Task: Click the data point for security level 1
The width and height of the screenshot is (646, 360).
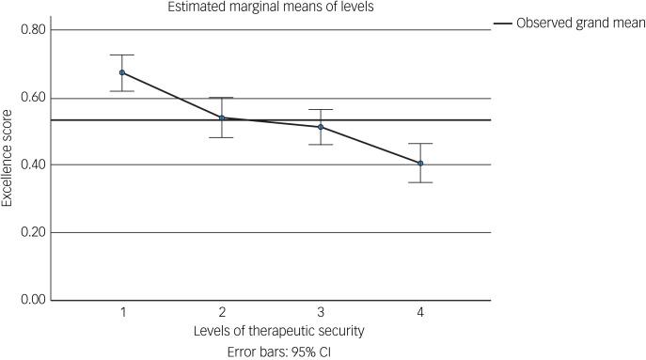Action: coord(122,72)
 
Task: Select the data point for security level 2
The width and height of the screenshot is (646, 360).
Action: coord(222,117)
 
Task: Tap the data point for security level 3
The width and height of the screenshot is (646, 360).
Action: coord(321,127)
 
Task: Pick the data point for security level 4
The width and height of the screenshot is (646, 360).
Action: coord(420,163)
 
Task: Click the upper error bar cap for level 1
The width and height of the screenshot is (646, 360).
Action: coord(122,55)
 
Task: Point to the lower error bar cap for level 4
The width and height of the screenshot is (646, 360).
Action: coord(420,182)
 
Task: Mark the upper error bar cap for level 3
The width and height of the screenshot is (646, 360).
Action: coord(321,110)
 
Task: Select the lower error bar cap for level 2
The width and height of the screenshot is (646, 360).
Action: coord(222,138)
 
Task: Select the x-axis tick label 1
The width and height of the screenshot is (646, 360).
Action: coord(122,311)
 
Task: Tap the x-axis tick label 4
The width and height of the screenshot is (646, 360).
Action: coord(420,311)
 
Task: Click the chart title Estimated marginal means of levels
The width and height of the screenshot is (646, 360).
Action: coord(271,7)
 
